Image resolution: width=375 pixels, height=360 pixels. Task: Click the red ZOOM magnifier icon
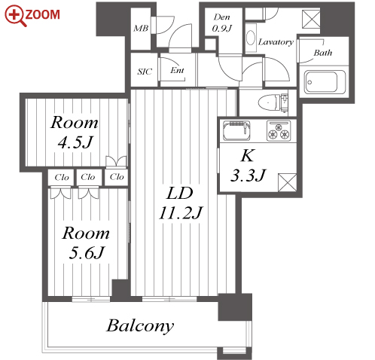tap(15, 15)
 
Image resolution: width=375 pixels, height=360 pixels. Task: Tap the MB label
tap(141, 28)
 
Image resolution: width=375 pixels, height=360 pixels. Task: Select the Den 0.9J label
tap(221, 23)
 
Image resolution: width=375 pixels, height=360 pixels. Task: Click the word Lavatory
tap(276, 41)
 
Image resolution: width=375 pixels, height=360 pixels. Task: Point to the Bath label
tap(323, 53)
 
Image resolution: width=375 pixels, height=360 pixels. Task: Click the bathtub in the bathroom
tap(325, 82)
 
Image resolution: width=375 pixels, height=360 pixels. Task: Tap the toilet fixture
tap(273, 102)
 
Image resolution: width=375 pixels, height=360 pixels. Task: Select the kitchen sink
tap(236, 130)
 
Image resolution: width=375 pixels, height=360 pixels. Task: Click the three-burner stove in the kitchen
tap(279, 130)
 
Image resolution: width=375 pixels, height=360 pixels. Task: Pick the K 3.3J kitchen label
tap(248, 165)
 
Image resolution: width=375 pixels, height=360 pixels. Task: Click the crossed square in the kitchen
tap(287, 182)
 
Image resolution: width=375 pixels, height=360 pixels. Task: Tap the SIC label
tap(145, 72)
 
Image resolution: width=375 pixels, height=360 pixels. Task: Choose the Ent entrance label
tap(177, 70)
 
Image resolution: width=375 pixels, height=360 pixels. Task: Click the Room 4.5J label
tap(75, 133)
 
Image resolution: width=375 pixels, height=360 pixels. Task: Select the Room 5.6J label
tap(86, 243)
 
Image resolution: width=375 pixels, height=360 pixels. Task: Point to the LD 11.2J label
tap(180, 203)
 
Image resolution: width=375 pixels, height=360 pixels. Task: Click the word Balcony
tap(140, 326)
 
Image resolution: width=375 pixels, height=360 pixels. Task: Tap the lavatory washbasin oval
tap(251, 38)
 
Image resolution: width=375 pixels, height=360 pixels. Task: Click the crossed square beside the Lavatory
tap(311, 19)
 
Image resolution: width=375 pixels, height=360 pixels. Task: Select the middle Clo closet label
tap(88, 177)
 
